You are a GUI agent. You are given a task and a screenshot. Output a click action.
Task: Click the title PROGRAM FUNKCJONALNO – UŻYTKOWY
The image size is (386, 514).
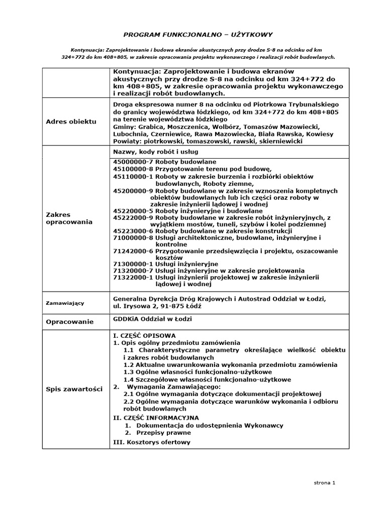tap(198, 35)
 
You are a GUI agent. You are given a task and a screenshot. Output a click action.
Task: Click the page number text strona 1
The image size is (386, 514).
tap(324, 482)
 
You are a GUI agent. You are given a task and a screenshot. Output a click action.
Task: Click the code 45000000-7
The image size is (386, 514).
tap(133, 162)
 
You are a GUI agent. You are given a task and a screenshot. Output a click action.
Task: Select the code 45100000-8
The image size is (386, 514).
tap(133, 170)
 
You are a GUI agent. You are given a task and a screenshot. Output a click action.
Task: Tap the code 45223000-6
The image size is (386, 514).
tap(133, 230)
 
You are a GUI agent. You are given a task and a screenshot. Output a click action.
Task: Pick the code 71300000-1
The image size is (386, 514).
tap(133, 263)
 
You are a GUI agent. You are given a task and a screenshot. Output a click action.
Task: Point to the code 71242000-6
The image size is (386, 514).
tap(133, 251)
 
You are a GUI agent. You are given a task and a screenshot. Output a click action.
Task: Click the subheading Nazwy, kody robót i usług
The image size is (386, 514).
tap(155, 151)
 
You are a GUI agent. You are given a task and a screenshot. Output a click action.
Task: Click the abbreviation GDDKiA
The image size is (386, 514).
tap(128, 319)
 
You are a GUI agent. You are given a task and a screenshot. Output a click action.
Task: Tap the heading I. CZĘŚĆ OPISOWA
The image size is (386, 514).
tap(145, 335)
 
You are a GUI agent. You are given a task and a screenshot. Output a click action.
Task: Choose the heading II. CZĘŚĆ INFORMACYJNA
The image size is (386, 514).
tap(156, 417)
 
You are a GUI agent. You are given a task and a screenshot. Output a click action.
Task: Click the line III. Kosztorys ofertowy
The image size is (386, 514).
tap(152, 442)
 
